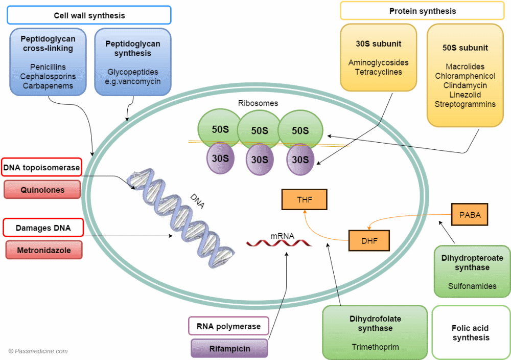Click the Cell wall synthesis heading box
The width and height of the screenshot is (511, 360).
pos(89,15)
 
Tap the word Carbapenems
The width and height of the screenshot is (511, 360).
pos(48,86)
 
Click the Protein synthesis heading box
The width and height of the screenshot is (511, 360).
pos(422,11)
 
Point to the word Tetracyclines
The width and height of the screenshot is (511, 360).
pos(379,72)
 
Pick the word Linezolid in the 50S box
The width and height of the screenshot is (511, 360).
pos(464,95)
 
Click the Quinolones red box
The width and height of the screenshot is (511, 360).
pos(42,190)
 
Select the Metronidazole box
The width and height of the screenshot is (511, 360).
pos(43,251)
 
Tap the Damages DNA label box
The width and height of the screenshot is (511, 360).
pos(43,228)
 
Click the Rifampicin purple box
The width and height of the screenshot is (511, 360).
pos(229,349)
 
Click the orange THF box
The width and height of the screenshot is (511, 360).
pos(305,199)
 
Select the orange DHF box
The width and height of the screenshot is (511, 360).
pos(369,240)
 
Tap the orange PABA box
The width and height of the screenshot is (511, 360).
pos(470,215)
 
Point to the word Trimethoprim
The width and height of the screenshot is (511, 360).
pos(375,347)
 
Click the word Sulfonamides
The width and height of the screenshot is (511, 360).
pos(472,286)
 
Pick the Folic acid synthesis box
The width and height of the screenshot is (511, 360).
pos(471,332)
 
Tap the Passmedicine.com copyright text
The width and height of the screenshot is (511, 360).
pos(38,351)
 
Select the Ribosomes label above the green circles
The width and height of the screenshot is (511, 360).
pos(258,103)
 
